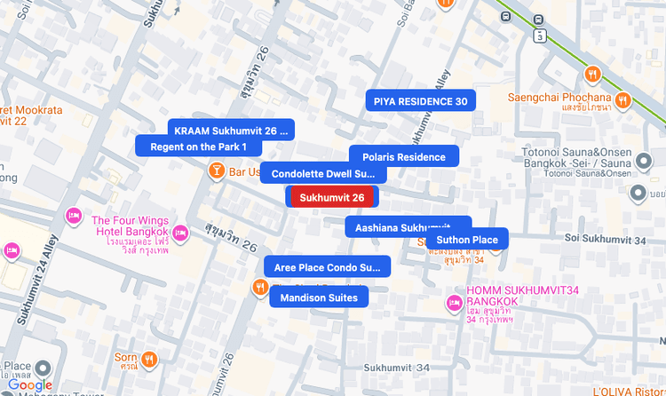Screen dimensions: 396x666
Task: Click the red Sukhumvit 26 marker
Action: tap(332, 197)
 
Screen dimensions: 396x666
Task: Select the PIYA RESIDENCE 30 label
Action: tap(420, 101)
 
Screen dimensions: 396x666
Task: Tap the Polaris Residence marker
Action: tap(403, 157)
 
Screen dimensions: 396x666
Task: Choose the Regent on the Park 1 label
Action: tap(198, 147)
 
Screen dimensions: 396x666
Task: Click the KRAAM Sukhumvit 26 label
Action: tap(231, 131)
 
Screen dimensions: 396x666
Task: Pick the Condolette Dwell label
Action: tap(323, 174)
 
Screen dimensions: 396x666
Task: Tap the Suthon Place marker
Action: tap(466, 240)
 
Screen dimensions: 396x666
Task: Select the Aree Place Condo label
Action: tap(327, 267)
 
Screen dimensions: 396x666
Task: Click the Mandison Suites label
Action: tap(319, 298)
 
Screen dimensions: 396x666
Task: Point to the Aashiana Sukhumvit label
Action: tap(408, 228)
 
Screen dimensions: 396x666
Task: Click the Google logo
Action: tap(30, 384)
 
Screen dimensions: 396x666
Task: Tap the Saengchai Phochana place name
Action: tap(559, 97)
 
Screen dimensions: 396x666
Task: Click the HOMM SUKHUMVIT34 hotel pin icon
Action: tap(453, 303)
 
